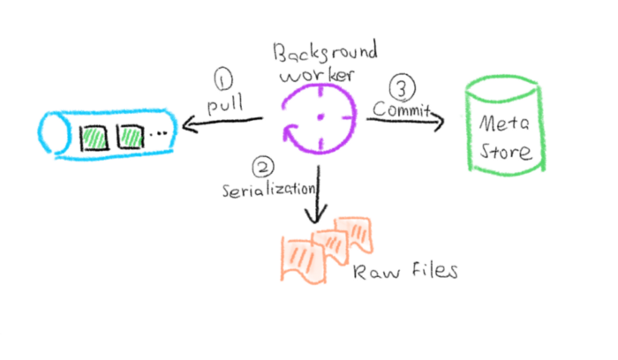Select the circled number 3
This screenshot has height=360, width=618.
[403, 89]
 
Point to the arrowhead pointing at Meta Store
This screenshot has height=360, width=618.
[439, 123]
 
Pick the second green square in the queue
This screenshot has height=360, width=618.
[130, 137]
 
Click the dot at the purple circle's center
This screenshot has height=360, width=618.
[320, 117]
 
